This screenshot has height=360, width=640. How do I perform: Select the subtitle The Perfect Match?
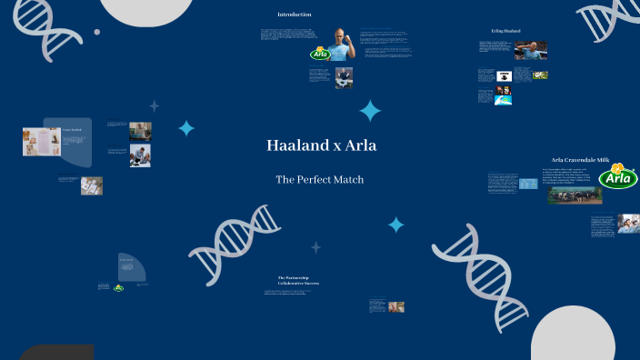pos(320,180)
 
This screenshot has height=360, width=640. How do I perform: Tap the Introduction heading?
pos(295,15)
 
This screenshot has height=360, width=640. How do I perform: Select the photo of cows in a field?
pos(575,195)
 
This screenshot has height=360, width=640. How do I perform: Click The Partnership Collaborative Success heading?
pos(298,280)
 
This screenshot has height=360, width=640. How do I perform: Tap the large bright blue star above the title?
pos(370,111)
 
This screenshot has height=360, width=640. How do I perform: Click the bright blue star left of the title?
pos(186,128)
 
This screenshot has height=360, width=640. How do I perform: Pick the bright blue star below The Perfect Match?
pos(395,224)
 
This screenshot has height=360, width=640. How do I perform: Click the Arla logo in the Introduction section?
pos(320,54)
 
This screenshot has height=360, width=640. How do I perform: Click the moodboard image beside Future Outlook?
pos(41,142)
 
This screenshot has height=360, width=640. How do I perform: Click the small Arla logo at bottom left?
pos(118,287)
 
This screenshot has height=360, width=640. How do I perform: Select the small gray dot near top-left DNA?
pos(97,32)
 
